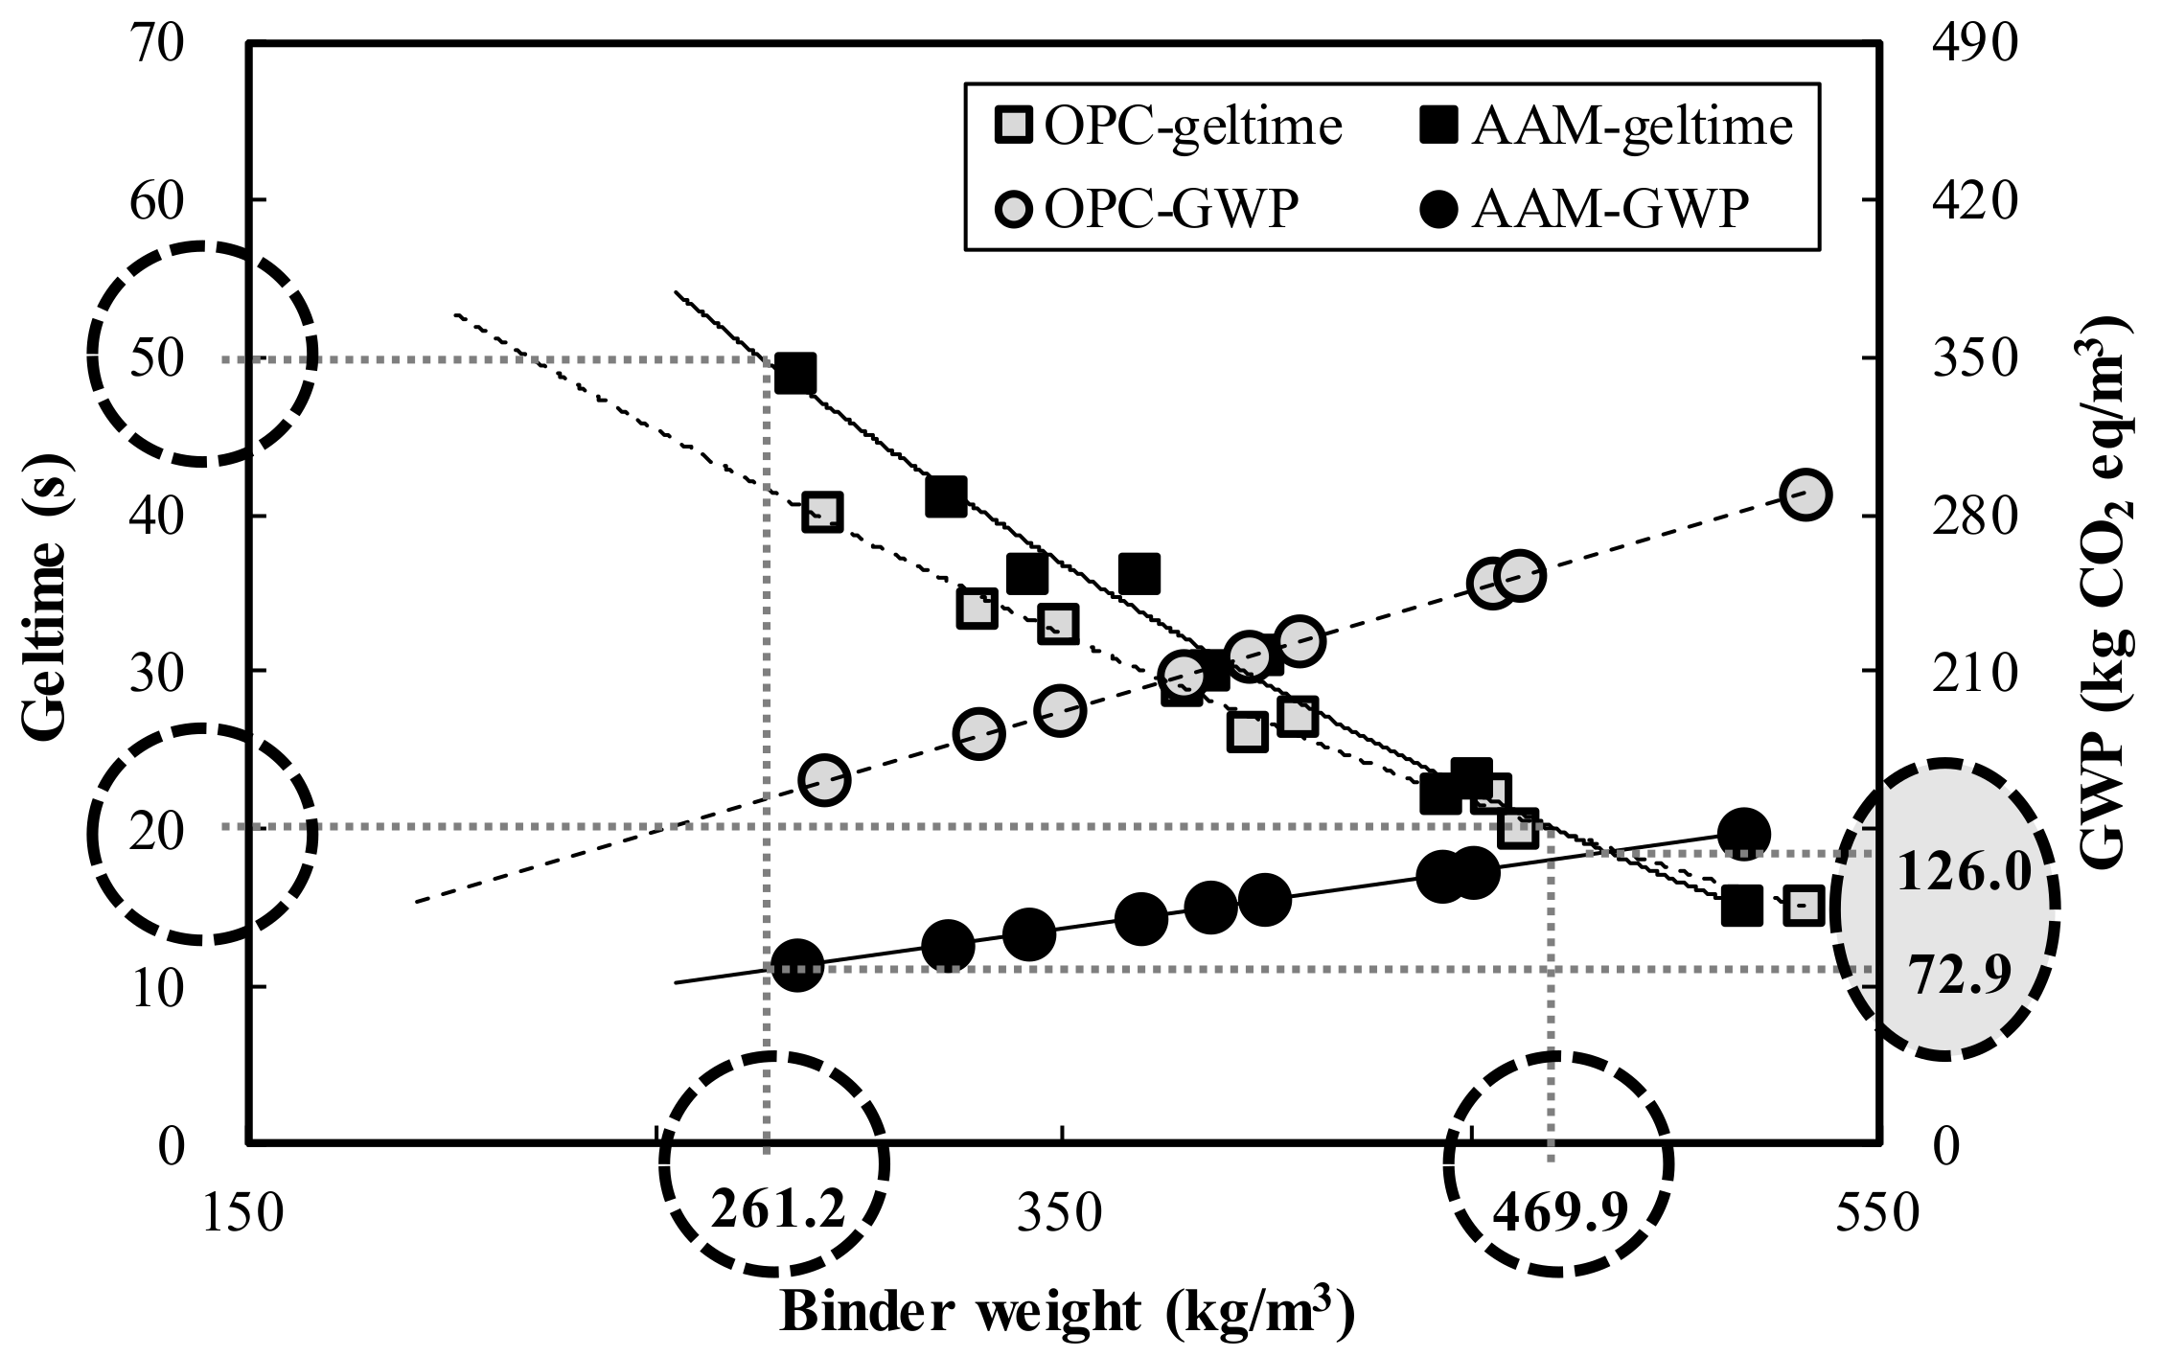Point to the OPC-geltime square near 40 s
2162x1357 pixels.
pyautogui.click(x=822, y=513)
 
